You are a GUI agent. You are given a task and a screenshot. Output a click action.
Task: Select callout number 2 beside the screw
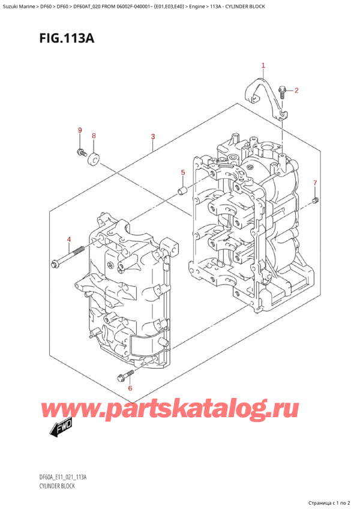pos(296,91)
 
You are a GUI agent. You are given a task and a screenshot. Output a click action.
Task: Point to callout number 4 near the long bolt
pos(69,241)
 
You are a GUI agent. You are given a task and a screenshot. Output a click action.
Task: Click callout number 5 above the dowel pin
pos(183,173)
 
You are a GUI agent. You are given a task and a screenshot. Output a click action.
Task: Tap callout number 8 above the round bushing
pos(94,136)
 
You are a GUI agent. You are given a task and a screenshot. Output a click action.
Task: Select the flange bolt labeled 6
pos(124,376)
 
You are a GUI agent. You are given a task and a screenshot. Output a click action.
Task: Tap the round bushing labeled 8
pos(94,158)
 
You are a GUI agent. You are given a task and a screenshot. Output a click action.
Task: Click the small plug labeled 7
pos(316,200)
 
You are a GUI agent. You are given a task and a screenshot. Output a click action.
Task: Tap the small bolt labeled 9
pos(80,152)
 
